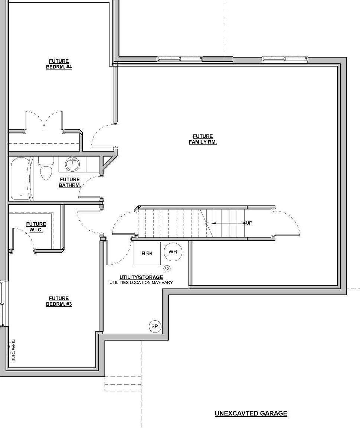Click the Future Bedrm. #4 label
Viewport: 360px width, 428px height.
coord(59,64)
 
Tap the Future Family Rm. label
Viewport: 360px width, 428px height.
coord(203,139)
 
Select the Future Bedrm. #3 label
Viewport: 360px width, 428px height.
coord(59,301)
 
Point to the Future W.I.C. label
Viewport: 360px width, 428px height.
coord(36,227)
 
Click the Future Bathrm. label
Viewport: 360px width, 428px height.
coord(70,182)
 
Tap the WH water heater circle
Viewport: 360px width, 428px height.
coord(173,252)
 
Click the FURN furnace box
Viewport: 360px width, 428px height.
coord(147,253)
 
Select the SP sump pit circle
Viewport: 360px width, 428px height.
coord(155,326)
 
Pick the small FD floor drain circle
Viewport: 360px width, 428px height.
coord(167,269)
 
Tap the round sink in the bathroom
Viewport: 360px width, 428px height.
coord(72,164)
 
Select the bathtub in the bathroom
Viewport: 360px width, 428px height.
coord(21,178)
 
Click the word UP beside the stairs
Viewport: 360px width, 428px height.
coord(249,223)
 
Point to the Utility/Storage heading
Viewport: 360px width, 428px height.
coord(141,277)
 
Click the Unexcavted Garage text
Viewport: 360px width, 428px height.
coord(251,414)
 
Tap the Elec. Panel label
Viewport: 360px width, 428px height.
coord(14,350)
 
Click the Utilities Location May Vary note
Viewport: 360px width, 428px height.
coord(141,282)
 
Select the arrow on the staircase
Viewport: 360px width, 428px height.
coord(228,223)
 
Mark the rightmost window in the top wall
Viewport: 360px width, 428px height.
coord(285,58)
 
